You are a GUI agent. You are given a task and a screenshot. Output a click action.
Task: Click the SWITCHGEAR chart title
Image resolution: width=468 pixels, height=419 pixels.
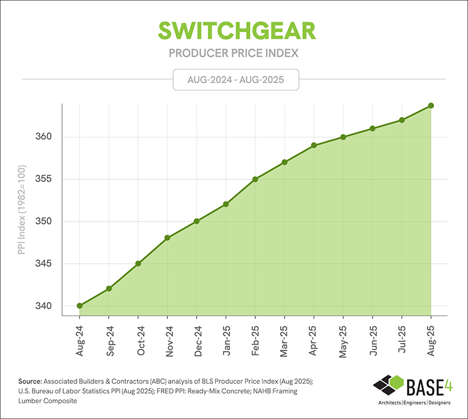(x=234, y=31)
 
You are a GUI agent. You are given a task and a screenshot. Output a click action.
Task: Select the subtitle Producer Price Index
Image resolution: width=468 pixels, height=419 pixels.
(x=234, y=53)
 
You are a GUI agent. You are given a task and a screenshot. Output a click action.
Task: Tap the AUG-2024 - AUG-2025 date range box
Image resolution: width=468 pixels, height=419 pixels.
(x=236, y=79)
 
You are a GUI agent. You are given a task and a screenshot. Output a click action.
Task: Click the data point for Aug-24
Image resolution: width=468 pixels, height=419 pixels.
(x=80, y=306)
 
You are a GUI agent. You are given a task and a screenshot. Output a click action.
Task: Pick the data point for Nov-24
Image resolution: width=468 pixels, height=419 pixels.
(x=167, y=238)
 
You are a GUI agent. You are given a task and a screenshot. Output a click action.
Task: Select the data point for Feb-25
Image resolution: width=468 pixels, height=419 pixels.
(x=255, y=179)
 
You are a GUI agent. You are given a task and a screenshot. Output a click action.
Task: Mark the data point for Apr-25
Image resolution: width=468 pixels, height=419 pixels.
(x=314, y=145)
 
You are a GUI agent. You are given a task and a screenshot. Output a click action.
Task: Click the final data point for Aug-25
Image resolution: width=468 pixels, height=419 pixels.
(x=431, y=105)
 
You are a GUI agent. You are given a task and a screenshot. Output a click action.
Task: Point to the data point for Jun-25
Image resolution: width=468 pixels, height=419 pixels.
(x=373, y=128)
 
